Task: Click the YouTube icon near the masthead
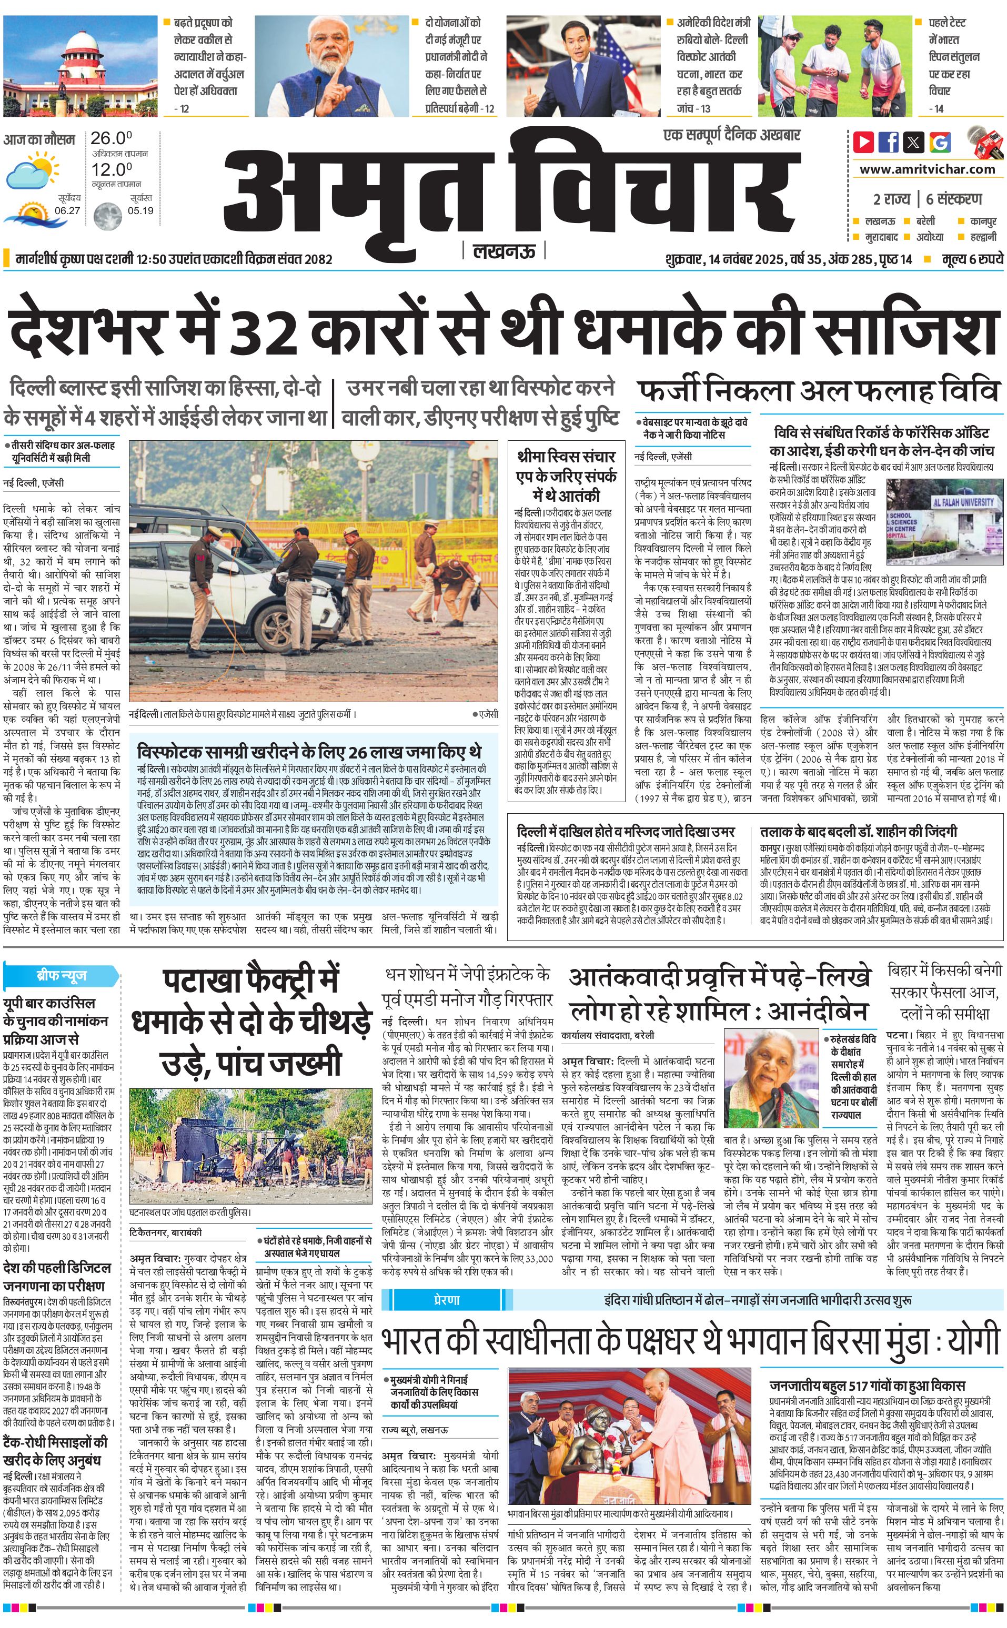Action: (x=863, y=142)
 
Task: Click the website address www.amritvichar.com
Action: (x=927, y=169)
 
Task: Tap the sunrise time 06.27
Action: (x=67, y=210)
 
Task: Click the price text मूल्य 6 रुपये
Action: (x=972, y=259)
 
